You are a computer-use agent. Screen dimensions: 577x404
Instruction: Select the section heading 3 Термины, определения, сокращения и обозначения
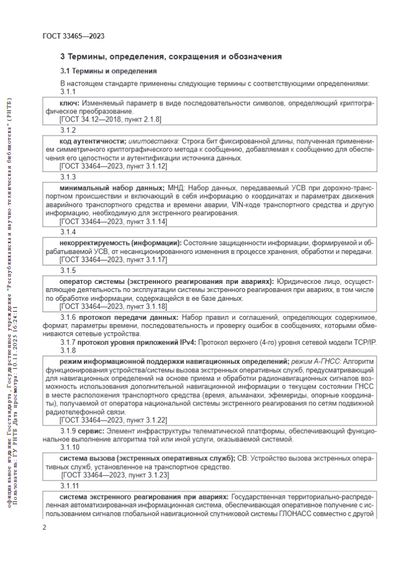point(171,56)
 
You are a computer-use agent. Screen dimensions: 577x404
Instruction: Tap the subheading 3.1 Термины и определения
point(108,71)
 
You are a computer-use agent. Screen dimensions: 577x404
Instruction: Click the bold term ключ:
point(70,102)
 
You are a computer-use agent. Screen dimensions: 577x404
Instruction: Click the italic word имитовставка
point(147,141)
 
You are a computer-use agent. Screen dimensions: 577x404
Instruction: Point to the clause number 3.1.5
point(68,270)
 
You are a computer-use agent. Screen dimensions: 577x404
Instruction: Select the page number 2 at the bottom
point(44,527)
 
